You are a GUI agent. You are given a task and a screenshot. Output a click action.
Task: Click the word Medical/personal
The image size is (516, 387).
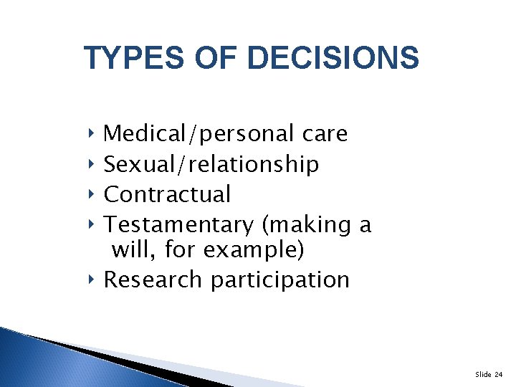[199, 134]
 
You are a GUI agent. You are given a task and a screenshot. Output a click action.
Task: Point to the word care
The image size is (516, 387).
[325, 134]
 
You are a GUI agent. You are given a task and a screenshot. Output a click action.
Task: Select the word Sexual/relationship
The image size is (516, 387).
[211, 165]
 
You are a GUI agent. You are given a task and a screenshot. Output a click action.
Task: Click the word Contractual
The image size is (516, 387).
[168, 194]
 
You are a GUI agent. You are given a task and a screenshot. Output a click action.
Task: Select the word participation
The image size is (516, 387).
[279, 279]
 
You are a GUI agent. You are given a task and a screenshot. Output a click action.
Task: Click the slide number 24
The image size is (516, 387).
[499, 373]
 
